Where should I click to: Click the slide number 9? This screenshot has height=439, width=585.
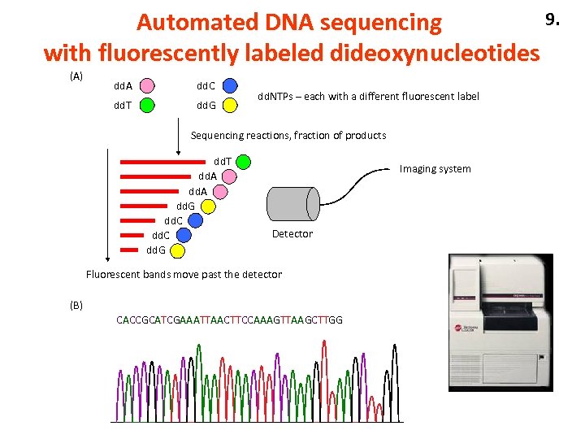[x=552, y=18]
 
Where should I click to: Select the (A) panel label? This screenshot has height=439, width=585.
[x=76, y=76]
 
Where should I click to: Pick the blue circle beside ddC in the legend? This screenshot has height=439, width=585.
[x=230, y=85]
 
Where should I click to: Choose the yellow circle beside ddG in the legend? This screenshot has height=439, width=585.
[x=230, y=104]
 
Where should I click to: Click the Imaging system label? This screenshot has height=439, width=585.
[x=435, y=169]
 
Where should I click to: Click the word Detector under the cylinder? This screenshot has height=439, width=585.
[x=292, y=234]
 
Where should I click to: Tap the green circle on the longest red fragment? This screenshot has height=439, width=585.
[x=243, y=162]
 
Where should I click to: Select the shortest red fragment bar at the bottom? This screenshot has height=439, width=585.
[x=131, y=250]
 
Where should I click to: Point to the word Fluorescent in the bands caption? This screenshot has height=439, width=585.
[x=113, y=275]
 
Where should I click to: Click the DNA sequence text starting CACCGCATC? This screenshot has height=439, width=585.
[x=229, y=319]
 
